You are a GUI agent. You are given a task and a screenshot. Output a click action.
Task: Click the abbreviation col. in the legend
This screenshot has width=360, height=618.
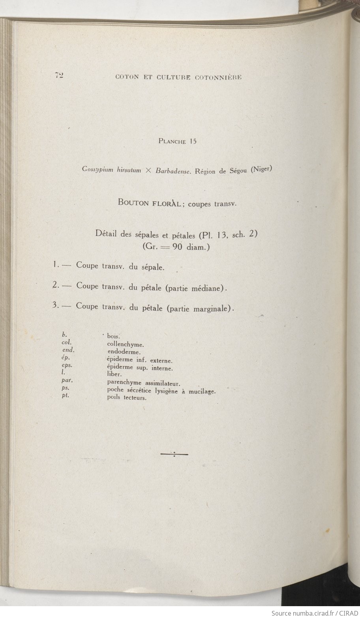coord(66,342)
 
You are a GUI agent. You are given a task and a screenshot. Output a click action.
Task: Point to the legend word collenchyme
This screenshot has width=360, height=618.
coord(122,344)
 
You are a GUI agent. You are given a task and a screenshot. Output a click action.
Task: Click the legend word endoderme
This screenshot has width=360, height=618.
coord(124,352)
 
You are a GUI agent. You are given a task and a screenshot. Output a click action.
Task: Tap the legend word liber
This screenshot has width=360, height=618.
coord(114,373)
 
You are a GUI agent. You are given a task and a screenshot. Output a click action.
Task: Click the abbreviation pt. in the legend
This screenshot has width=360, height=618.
coord(66,395)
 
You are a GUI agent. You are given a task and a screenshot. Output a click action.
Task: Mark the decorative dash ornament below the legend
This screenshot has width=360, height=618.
coord(174,455)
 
